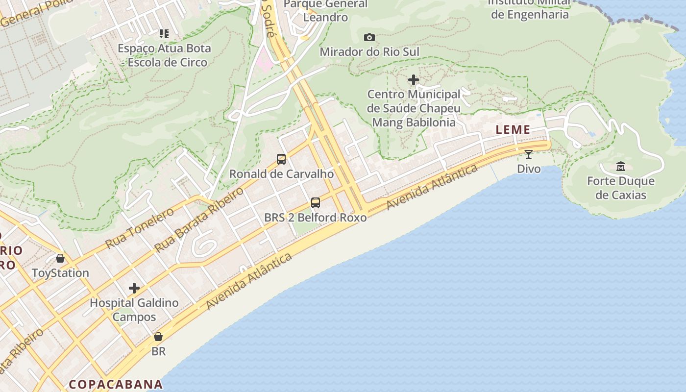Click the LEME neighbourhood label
click(513, 130)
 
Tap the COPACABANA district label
click(116, 384)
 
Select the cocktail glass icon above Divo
click(529, 154)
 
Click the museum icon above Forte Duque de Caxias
click(621, 167)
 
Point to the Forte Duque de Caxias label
click(621, 188)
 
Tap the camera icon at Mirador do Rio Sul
click(369, 37)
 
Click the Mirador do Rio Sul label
click(369, 52)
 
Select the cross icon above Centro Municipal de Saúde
click(414, 79)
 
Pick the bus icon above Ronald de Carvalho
click(281, 159)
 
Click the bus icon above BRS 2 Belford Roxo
click(316, 202)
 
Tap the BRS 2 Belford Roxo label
click(316, 217)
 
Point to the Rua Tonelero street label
click(140, 228)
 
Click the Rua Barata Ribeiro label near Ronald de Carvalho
click(199, 220)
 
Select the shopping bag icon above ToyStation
click(60, 258)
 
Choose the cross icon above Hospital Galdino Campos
click(134, 288)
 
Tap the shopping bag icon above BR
click(158, 337)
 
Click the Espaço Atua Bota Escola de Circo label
click(165, 55)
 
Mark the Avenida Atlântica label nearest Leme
click(432, 187)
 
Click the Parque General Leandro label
click(325, 11)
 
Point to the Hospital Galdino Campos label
click(134, 310)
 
